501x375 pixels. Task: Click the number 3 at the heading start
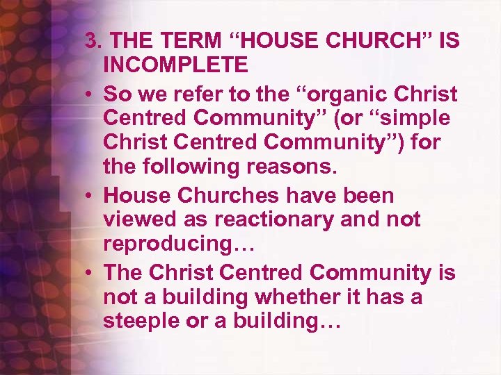click(90, 41)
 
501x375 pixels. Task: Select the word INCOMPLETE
click(175, 65)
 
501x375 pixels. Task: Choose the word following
click(181, 166)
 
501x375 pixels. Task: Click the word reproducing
click(174, 244)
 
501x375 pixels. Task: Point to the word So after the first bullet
click(116, 94)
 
